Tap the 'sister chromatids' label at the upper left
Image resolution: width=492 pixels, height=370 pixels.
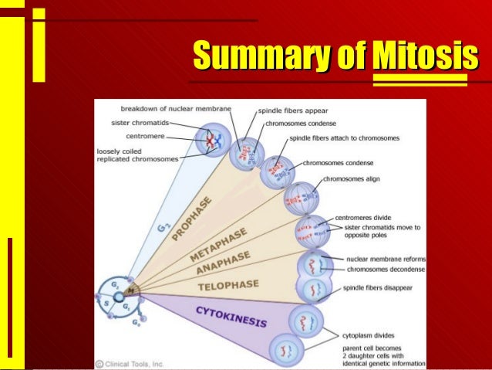[133, 121]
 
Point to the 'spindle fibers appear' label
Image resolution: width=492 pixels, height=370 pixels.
[294, 110]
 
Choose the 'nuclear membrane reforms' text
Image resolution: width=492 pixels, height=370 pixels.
[382, 260]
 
